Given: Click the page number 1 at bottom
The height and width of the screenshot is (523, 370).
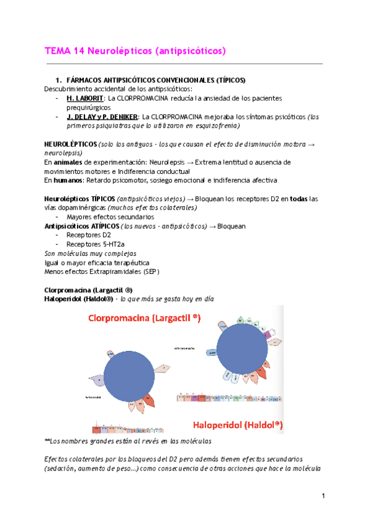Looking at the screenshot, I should (323, 495).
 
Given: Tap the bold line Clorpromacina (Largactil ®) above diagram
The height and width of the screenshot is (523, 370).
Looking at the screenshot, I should (88, 290).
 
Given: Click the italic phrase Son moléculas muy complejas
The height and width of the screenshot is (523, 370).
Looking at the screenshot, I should (91, 253).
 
